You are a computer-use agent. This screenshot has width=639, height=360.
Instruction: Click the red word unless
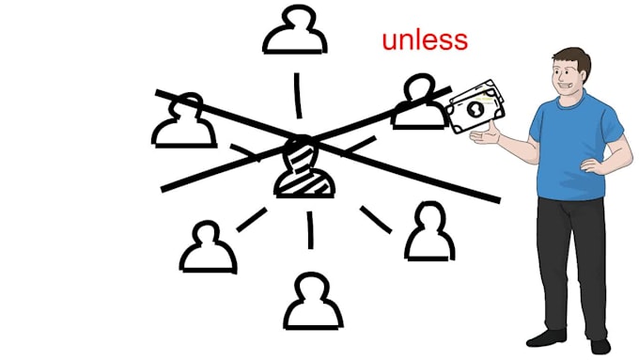click(425, 40)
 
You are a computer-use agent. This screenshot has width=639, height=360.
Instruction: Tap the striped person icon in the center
click(304, 167)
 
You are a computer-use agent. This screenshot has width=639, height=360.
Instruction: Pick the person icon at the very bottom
click(313, 301)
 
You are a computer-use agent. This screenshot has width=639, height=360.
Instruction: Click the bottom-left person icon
click(208, 247)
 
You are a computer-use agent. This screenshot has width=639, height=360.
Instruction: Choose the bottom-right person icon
click(430, 231)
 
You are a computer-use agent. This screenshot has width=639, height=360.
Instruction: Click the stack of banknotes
click(475, 106)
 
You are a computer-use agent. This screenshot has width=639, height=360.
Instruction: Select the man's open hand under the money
click(486, 135)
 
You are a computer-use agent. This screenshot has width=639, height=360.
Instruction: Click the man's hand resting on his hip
click(593, 165)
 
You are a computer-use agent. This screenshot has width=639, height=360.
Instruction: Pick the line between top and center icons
click(298, 96)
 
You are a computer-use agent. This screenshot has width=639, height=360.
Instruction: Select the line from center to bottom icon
click(310, 230)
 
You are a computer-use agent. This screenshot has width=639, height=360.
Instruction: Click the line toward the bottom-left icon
click(252, 220)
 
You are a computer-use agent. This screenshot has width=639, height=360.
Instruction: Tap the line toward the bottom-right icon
click(376, 220)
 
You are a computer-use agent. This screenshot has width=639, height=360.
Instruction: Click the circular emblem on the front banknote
click(475, 109)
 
